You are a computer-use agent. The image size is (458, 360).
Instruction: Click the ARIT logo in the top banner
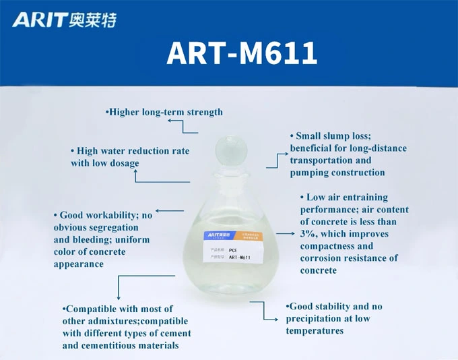click(x=64, y=20)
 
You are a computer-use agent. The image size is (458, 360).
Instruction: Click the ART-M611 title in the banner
click(x=242, y=53)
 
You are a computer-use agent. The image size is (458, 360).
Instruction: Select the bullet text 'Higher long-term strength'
click(x=164, y=112)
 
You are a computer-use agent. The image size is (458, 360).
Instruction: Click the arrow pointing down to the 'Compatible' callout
click(x=119, y=288)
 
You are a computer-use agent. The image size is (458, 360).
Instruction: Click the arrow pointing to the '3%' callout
click(x=286, y=233)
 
